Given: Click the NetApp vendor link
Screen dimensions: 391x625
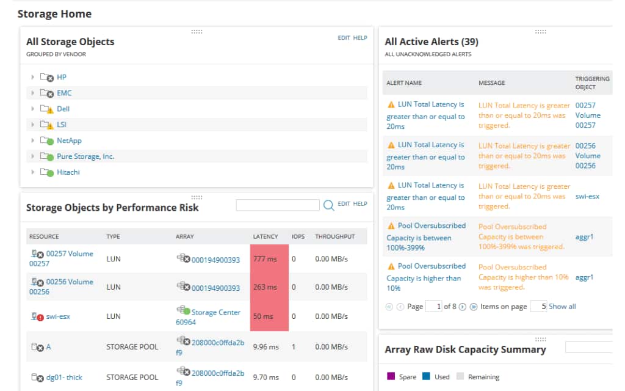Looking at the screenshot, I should click(x=69, y=141).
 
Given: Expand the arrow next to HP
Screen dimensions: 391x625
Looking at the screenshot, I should click(x=33, y=77).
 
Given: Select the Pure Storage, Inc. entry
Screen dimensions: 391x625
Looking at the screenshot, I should click(x=85, y=156).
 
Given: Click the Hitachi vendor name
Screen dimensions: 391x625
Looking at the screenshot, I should click(x=68, y=172).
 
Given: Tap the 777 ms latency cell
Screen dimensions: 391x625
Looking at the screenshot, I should click(x=269, y=259).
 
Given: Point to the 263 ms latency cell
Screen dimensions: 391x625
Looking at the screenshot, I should click(x=269, y=287).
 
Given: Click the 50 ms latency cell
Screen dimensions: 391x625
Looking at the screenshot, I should click(x=269, y=316).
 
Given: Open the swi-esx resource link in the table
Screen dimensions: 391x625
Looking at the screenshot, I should click(x=59, y=316).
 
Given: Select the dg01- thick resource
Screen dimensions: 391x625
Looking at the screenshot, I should click(x=64, y=378).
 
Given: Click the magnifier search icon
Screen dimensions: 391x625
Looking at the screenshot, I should click(x=328, y=206).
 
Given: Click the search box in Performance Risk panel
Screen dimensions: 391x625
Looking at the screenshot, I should click(x=278, y=205).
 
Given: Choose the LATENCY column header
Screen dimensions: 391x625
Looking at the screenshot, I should click(x=266, y=236).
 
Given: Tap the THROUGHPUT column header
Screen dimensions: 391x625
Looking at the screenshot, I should click(x=335, y=236).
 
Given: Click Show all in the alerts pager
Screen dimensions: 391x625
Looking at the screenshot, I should click(x=562, y=307).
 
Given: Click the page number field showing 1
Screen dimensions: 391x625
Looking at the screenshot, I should click(x=433, y=307).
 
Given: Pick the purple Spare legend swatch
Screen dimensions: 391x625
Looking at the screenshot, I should click(x=391, y=376).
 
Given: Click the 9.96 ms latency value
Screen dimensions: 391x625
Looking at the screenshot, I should click(x=266, y=347).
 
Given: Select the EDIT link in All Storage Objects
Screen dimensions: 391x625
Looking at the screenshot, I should click(x=344, y=38).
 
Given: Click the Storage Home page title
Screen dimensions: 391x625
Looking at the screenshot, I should click(x=54, y=13).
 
